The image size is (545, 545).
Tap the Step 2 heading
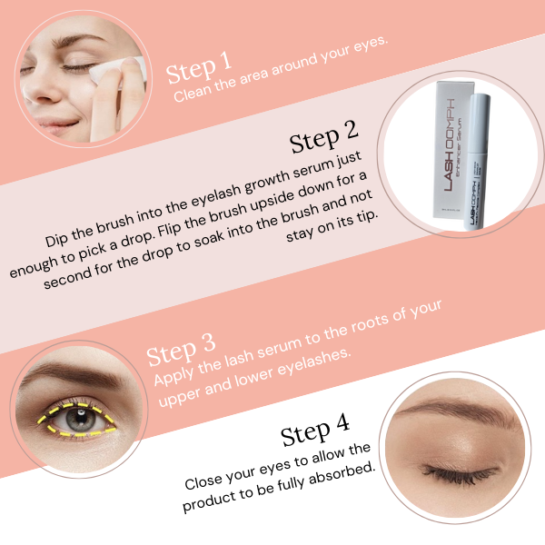point(323,140)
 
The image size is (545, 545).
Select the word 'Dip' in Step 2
point(60,242)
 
